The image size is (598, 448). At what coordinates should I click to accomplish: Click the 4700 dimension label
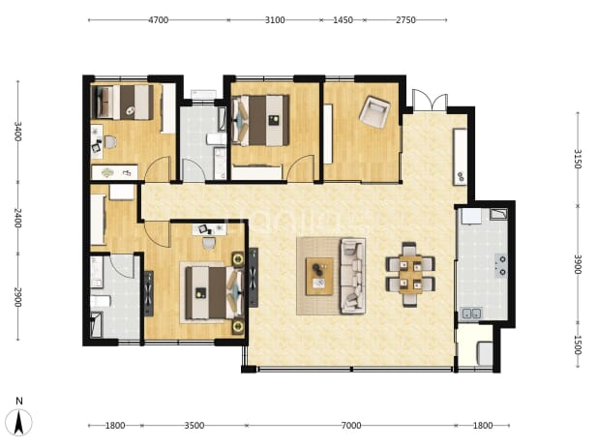(158, 20)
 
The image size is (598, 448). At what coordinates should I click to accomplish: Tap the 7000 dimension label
(351, 425)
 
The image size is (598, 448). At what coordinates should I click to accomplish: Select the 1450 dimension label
(343, 20)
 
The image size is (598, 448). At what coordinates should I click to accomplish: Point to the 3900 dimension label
(578, 264)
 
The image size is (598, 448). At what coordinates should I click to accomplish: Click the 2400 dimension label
(17, 218)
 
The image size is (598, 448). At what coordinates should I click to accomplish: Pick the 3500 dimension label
(194, 425)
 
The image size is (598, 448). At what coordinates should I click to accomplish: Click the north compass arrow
(19, 423)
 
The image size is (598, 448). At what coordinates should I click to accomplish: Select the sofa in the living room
(352, 276)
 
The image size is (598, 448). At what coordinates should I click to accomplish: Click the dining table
(410, 274)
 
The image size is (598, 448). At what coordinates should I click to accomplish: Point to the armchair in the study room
(374, 111)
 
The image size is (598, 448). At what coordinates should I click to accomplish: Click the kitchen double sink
(471, 314)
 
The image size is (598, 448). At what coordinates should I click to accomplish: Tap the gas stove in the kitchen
(501, 265)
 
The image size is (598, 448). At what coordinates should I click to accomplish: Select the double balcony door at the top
(430, 101)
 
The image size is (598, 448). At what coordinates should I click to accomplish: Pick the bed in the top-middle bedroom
(261, 120)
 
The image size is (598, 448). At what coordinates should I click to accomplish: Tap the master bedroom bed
(214, 292)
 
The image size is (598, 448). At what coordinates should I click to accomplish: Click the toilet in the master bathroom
(100, 301)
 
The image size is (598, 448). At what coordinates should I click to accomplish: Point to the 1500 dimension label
(578, 345)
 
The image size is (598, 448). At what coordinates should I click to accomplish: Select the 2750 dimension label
(405, 20)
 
